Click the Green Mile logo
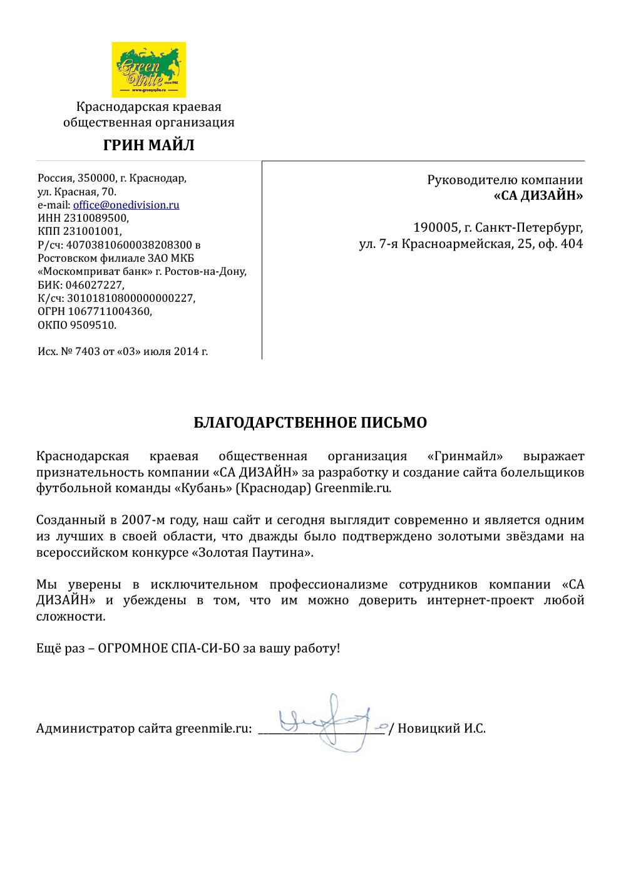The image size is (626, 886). pyautogui.click(x=149, y=70)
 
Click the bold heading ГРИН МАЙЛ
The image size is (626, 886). pyautogui.click(x=149, y=145)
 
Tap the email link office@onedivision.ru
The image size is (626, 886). pyautogui.click(x=126, y=205)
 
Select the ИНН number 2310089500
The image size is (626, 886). pyautogui.click(x=96, y=218)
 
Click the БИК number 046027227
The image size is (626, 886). pyautogui.click(x=95, y=285)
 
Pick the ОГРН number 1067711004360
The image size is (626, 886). pyautogui.click(x=110, y=311)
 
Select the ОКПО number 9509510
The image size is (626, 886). pyautogui.click(x=92, y=325)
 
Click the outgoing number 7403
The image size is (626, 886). pyautogui.click(x=88, y=351)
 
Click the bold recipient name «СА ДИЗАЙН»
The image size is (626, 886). pyautogui.click(x=538, y=196)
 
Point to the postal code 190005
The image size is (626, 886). pyautogui.click(x=435, y=227)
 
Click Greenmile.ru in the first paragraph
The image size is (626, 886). pyautogui.click(x=353, y=488)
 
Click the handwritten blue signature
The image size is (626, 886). pyautogui.click(x=329, y=723)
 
